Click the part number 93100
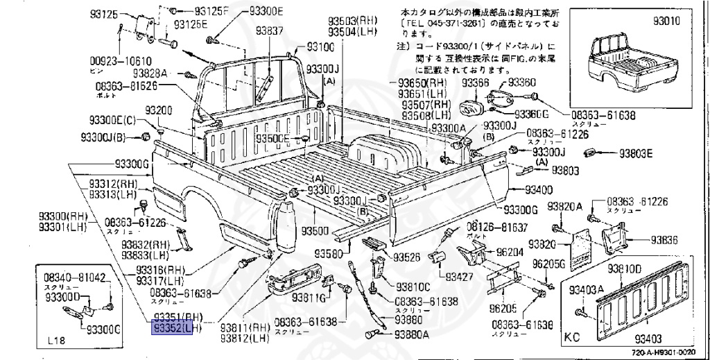coord(317,47)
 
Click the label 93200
coord(159,111)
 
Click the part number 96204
coord(512,253)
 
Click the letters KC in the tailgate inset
coord(572,340)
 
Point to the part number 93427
coord(459,277)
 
